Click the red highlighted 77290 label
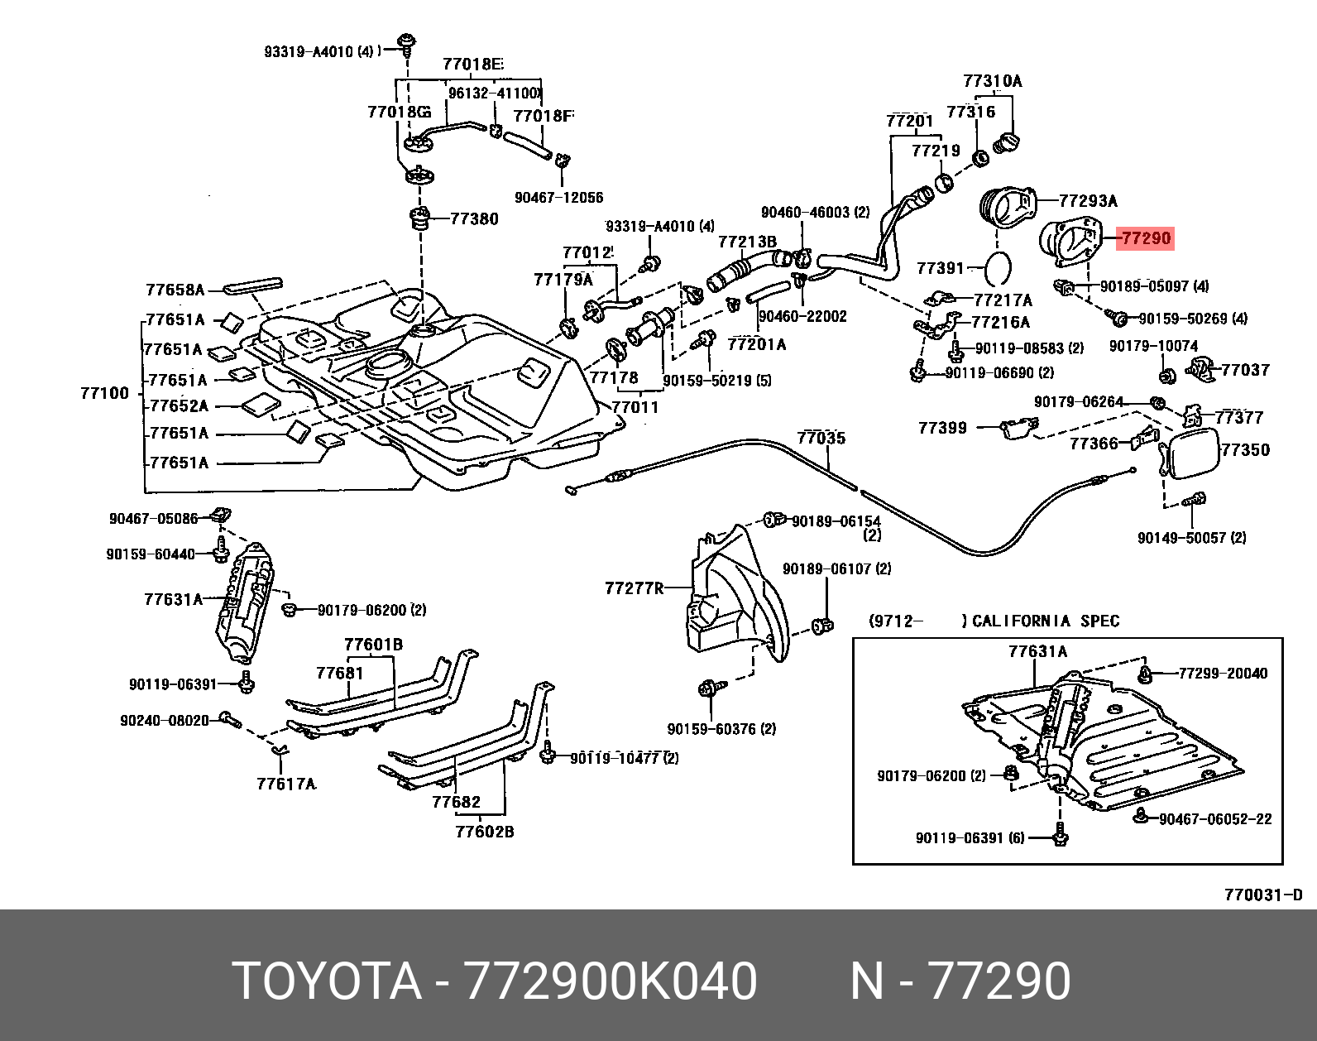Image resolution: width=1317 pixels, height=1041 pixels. (1145, 238)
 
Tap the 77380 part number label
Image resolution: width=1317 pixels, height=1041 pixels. (474, 218)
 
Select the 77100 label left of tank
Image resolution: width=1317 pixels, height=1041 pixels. (105, 393)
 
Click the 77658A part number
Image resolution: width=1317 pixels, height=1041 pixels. (175, 290)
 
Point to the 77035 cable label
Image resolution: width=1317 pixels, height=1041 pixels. (821, 438)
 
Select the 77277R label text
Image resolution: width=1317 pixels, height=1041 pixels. (634, 588)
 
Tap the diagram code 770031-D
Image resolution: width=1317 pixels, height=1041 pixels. (1263, 895)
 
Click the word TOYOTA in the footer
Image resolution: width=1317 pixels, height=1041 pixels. (327, 981)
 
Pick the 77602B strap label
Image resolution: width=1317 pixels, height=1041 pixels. (484, 832)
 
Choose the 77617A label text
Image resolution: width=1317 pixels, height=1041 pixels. (286, 784)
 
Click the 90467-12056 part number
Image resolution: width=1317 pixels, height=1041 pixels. (558, 198)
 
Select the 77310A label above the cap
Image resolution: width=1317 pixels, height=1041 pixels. (992, 81)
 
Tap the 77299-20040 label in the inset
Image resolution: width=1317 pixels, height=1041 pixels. (1223, 674)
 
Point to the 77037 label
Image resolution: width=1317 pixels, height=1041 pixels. (1244, 370)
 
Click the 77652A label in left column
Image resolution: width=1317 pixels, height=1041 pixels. (179, 405)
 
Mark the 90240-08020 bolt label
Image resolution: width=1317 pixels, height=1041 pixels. (165, 720)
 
